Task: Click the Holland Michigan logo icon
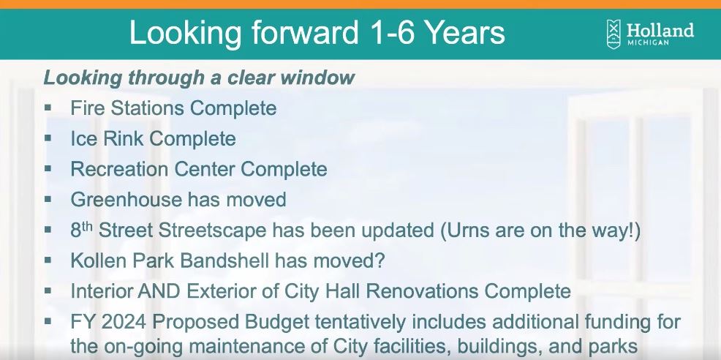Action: pyautogui.click(x=614, y=34)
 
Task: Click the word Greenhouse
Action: pyautogui.click(x=125, y=199)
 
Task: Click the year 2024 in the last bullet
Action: pyautogui.click(x=127, y=321)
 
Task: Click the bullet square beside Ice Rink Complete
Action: pyautogui.click(x=48, y=138)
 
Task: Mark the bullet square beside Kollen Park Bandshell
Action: pyautogui.click(x=48, y=259)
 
